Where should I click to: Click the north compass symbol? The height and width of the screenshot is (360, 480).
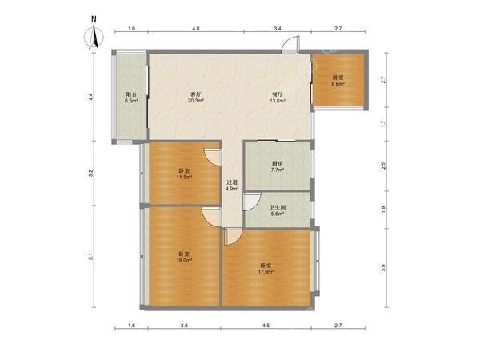pyautogui.click(x=94, y=34)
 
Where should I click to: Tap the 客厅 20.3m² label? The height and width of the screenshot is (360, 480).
pyautogui.click(x=196, y=97)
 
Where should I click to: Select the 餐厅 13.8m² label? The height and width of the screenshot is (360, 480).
pyautogui.click(x=278, y=97)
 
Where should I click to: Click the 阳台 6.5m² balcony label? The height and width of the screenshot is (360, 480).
pyautogui.click(x=130, y=97)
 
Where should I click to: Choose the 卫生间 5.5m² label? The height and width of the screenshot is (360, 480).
pyautogui.click(x=278, y=210)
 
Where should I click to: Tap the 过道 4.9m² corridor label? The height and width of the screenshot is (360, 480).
pyautogui.click(x=232, y=186)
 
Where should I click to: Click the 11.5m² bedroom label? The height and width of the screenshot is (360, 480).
pyautogui.click(x=185, y=174)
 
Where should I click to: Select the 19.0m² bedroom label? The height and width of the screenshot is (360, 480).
pyautogui.click(x=185, y=257)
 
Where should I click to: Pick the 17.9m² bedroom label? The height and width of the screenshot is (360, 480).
pyautogui.click(x=266, y=268)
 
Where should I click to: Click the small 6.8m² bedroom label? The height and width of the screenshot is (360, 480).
pyautogui.click(x=338, y=81)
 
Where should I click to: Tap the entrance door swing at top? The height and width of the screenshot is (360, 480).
pyautogui.click(x=290, y=45)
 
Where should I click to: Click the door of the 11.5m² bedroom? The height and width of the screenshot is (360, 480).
pyautogui.click(x=213, y=158)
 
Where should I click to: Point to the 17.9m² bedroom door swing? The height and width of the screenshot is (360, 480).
pyautogui.click(x=234, y=236)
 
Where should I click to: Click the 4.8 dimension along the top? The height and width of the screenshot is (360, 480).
pyautogui.click(x=196, y=29)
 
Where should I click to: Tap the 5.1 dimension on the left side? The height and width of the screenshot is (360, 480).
pyautogui.click(x=90, y=257)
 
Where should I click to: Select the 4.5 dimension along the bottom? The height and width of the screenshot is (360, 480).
pyautogui.click(x=266, y=326)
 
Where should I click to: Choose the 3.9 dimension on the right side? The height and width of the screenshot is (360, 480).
pyautogui.click(x=383, y=268)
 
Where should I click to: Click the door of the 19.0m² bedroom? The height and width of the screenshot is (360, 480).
pyautogui.click(x=211, y=217)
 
